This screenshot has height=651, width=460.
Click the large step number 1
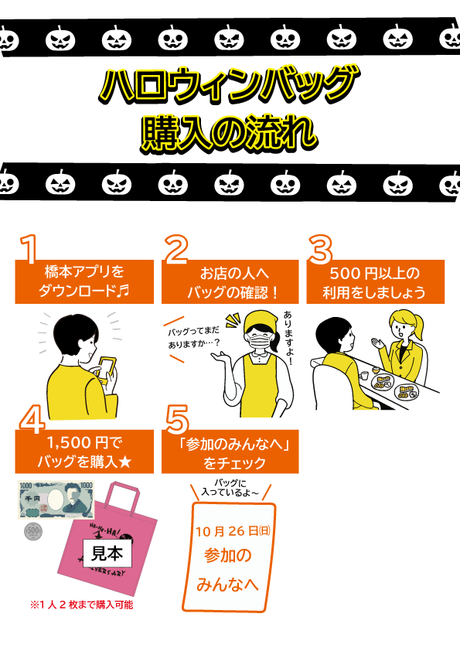[29, 249]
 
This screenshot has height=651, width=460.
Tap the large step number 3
[320, 249]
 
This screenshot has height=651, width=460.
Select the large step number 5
[177, 419]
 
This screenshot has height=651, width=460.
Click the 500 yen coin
[33, 531]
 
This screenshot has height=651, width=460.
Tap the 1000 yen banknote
[56, 499]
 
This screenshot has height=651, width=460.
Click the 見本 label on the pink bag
[107, 553]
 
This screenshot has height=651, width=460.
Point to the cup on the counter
[363, 375]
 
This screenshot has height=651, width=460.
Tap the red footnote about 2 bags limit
[82, 605]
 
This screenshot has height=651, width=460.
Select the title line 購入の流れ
[229, 133]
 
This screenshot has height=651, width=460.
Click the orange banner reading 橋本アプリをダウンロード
[84, 281]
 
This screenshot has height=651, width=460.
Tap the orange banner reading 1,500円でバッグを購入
[84, 452]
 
